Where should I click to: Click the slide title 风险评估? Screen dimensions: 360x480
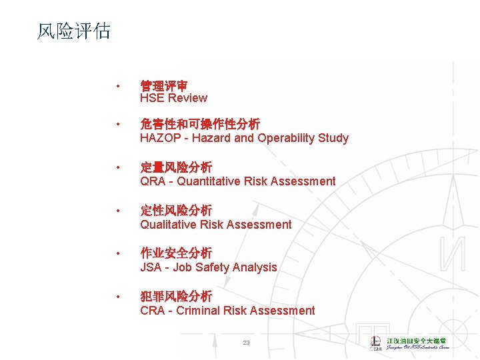point(73,31)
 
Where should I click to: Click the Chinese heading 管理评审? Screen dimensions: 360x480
point(163,86)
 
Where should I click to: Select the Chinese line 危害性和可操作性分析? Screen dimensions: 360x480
point(200,125)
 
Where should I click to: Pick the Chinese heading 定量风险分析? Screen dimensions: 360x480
point(176,167)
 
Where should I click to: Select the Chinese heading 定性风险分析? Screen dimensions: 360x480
point(176,211)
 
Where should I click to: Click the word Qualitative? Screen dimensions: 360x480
point(165,225)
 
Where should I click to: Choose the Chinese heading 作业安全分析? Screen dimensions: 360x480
point(176,253)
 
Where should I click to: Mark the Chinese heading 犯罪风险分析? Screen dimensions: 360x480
point(176,296)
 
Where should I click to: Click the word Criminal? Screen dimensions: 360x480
point(199,311)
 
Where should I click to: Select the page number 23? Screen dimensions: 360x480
point(246,343)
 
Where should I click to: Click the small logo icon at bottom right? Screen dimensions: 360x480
point(377,343)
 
